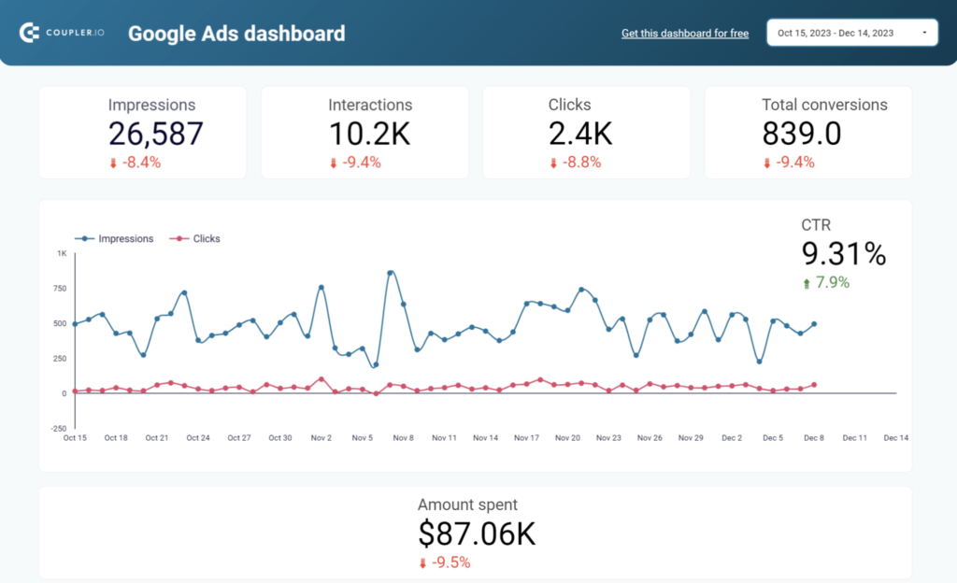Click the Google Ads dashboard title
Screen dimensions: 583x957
click(x=236, y=34)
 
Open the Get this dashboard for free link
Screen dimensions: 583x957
click(x=685, y=34)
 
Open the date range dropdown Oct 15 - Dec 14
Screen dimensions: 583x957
click(x=851, y=33)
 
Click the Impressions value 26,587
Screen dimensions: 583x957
click(x=155, y=135)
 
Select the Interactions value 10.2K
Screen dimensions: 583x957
click(x=369, y=135)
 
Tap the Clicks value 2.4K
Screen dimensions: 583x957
click(x=579, y=135)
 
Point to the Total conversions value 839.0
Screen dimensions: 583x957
click(x=802, y=135)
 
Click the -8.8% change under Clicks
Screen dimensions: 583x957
click(x=575, y=163)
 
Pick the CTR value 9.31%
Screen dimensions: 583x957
click(x=844, y=253)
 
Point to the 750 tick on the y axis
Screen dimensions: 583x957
click(x=59, y=288)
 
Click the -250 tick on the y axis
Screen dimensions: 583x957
click(x=58, y=429)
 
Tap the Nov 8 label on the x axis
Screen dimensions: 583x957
click(x=404, y=437)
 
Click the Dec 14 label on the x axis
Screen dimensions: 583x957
click(x=896, y=437)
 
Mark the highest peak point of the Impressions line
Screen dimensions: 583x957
click(x=391, y=273)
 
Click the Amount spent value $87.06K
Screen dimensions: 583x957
click(x=477, y=533)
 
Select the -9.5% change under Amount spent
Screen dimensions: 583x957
click(x=445, y=562)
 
